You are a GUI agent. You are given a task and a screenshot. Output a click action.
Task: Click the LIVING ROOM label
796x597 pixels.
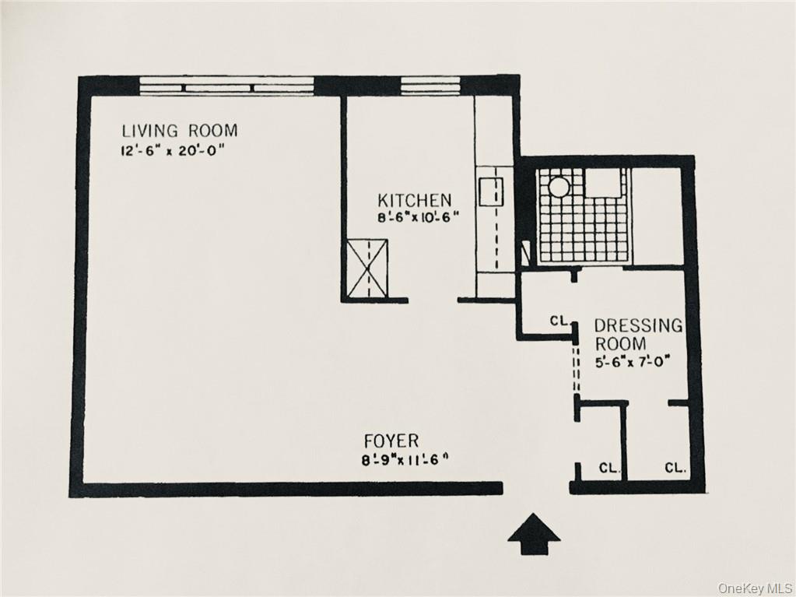(x=179, y=131)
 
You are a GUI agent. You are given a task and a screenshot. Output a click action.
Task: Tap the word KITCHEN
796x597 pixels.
(x=414, y=200)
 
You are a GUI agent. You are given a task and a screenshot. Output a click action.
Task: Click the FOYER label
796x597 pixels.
(x=391, y=441)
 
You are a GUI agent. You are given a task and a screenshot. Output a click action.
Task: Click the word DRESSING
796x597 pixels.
(x=638, y=325)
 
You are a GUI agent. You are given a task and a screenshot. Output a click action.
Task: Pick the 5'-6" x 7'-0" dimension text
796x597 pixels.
(x=632, y=361)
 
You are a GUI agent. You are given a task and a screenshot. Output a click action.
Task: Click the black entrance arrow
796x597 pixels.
(x=534, y=534)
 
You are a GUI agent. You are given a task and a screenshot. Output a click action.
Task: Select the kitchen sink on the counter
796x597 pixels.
(x=491, y=191)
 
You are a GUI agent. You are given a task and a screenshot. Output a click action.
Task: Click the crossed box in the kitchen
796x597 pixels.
(x=367, y=269)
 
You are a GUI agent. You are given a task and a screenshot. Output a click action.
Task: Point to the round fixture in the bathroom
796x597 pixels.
(x=559, y=186)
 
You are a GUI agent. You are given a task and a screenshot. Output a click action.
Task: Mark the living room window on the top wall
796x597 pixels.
(x=226, y=85)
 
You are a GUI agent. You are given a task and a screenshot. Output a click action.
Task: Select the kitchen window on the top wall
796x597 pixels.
(x=430, y=85)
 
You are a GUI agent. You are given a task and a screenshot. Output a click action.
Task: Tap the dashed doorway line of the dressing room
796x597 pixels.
(x=576, y=370)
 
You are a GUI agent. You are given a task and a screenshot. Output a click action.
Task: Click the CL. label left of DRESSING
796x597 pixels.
(x=559, y=320)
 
